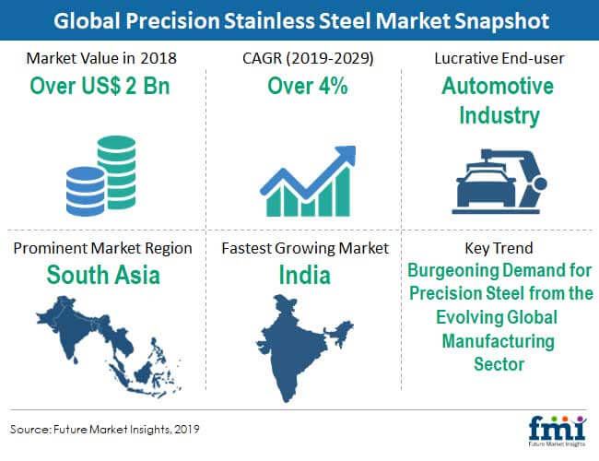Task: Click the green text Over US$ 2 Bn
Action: pyautogui.click(x=100, y=86)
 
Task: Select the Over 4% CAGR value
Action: pyautogui.click(x=308, y=86)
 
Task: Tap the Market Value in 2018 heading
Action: pyautogui.click(x=101, y=58)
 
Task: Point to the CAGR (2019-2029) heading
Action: pyautogui.click(x=308, y=58)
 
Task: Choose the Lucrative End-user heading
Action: pyautogui.click(x=499, y=58)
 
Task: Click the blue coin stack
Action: pyautogui.click(x=85, y=191)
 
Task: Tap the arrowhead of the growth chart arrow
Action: pyautogui.click(x=346, y=155)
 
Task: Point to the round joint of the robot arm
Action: pyautogui.click(x=540, y=183)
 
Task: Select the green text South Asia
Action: pyautogui.click(x=103, y=275)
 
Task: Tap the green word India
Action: pyautogui.click(x=304, y=275)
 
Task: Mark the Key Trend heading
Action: pyautogui.click(x=499, y=248)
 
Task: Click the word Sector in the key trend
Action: pyautogui.click(x=499, y=364)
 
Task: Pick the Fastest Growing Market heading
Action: pyautogui.click(x=305, y=248)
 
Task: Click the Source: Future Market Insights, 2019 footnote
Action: pyautogui.click(x=105, y=430)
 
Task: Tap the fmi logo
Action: pyautogui.click(x=558, y=430)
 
